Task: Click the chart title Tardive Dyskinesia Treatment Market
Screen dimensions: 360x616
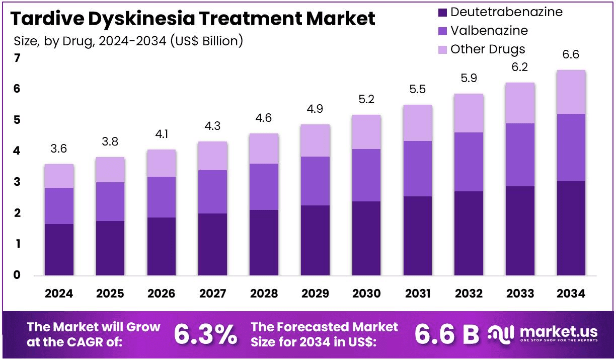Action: [x=193, y=19]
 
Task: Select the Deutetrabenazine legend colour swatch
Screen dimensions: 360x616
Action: [x=442, y=12]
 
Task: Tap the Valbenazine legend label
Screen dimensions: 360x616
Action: [x=489, y=31]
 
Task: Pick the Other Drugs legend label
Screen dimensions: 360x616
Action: [x=487, y=49]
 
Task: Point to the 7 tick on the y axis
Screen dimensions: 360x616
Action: [x=17, y=58]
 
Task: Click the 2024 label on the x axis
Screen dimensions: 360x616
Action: [x=59, y=294]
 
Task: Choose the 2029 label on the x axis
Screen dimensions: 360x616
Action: [x=315, y=294]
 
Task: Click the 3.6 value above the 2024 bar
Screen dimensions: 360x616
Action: [x=59, y=149]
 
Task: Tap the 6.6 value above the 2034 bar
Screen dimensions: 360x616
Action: [x=571, y=55]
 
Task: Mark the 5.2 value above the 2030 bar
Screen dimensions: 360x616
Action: [x=366, y=100]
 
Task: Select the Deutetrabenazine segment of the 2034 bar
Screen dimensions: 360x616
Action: [x=571, y=228]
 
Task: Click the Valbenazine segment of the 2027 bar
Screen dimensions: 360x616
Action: [x=212, y=192]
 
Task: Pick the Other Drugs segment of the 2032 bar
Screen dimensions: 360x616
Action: [x=469, y=113]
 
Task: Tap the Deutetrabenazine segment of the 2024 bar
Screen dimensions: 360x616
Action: [x=59, y=250]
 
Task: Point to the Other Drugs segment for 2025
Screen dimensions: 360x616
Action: [x=110, y=170]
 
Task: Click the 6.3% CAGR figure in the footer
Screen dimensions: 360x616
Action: [x=205, y=334]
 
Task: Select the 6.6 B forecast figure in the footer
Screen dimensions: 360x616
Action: [x=446, y=334]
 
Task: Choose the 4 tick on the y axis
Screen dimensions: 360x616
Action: [x=17, y=151]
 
